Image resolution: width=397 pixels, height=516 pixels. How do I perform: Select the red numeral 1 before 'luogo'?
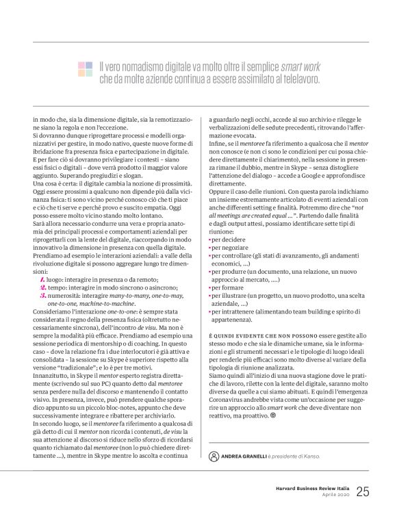[42, 279]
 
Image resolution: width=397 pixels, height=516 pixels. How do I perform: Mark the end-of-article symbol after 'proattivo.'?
[272, 414]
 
